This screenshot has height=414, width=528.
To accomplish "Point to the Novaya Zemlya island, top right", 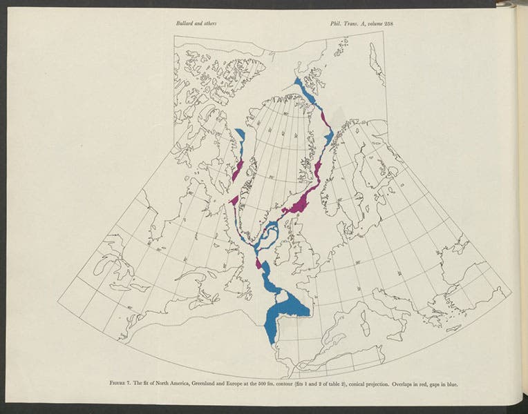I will [376, 66].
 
